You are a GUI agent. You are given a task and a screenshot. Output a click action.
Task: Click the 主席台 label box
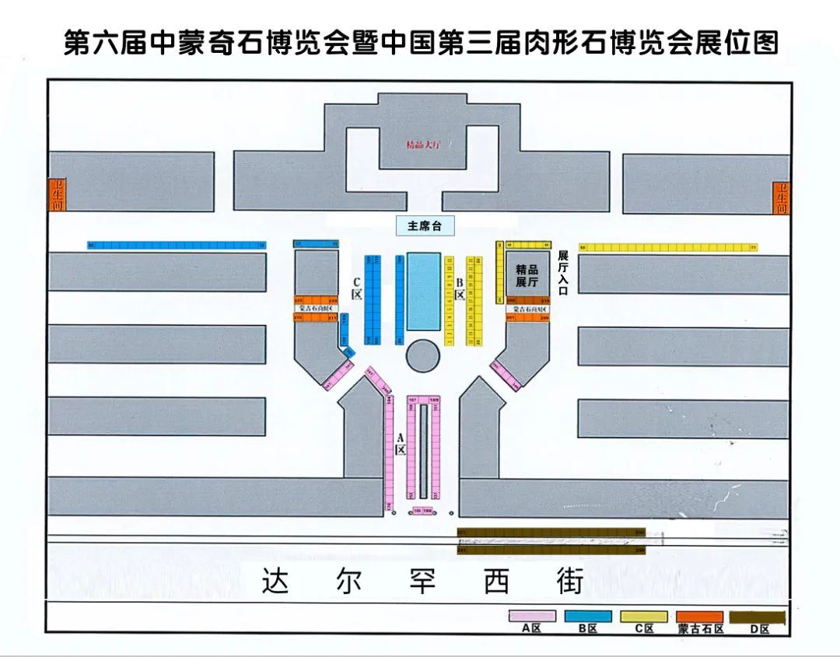tap(424, 226)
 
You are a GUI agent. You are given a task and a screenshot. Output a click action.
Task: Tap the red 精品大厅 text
tap(423, 145)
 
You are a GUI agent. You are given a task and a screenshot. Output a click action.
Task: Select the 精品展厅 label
tap(527, 276)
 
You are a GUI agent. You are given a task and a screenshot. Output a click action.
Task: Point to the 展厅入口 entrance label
tap(563, 272)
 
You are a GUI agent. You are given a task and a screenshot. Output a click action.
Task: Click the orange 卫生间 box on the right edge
tap(782, 198)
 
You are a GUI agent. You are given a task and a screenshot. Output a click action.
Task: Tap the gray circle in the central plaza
tap(423, 356)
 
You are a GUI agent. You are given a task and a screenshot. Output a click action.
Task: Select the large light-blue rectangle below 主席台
tap(423, 291)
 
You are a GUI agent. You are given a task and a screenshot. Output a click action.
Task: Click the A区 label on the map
tap(400, 444)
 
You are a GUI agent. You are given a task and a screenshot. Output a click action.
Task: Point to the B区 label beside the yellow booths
tap(460, 288)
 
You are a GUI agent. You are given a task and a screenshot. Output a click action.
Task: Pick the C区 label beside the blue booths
tap(356, 288)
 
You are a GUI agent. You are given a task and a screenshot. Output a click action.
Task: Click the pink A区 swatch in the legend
tap(532, 616)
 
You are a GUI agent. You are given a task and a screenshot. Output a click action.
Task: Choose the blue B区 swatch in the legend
tap(588, 616)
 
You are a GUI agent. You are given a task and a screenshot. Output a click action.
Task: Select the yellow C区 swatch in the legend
tap(643, 616)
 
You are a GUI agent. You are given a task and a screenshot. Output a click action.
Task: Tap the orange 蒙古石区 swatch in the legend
tap(700, 616)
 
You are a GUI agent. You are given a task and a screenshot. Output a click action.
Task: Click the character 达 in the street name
tap(275, 582)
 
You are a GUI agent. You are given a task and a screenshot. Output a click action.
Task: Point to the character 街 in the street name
tap(569, 582)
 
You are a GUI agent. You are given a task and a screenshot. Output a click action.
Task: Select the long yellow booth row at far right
tap(668, 247)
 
